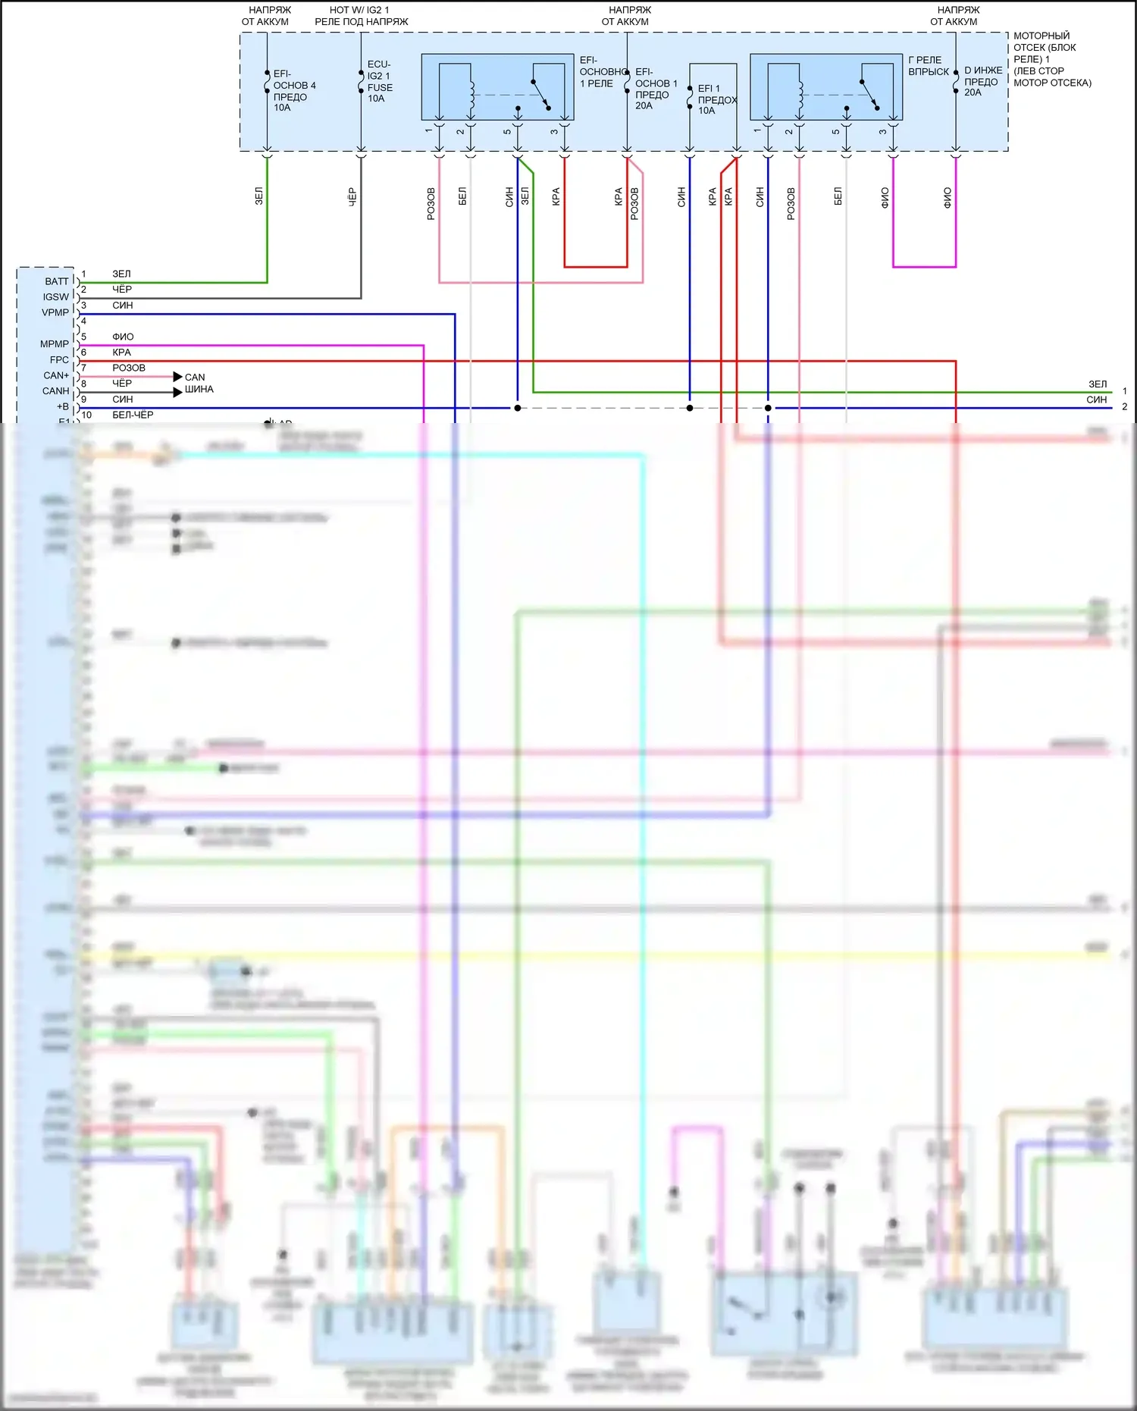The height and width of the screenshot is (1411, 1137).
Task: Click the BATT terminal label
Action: pyautogui.click(x=56, y=281)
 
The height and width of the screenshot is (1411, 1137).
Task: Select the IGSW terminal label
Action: pyautogui.click(x=55, y=297)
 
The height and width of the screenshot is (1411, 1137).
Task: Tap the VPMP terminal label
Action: pyautogui.click(x=55, y=312)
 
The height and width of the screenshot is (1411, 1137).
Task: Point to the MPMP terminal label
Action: pyautogui.click(x=54, y=344)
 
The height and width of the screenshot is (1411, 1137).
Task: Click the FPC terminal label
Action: pyautogui.click(x=58, y=360)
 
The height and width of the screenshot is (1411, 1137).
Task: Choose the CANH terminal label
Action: pyautogui.click(x=55, y=391)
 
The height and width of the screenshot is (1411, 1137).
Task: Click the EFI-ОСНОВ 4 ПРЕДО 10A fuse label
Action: pyautogui.click(x=293, y=91)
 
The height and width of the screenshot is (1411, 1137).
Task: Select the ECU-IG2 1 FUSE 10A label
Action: pyautogui.click(x=379, y=81)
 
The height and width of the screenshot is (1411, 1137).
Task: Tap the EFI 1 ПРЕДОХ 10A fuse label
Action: pyautogui.click(x=716, y=99)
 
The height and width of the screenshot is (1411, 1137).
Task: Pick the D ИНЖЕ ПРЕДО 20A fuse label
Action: pyautogui.click(x=982, y=81)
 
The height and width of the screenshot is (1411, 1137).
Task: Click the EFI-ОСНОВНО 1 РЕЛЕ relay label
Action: pyautogui.click(x=602, y=72)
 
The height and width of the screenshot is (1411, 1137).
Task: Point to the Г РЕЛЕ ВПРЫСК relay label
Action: pyautogui.click(x=928, y=66)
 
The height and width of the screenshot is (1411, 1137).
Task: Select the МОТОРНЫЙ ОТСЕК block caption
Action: pyautogui.click(x=1051, y=59)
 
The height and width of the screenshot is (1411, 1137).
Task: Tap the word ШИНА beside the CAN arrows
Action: pyautogui.click(x=199, y=389)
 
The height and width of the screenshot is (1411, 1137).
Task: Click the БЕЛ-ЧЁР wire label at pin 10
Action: pyautogui.click(x=133, y=415)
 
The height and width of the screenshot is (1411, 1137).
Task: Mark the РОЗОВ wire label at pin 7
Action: pyautogui.click(x=129, y=368)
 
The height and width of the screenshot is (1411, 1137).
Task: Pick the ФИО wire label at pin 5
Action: pyautogui.click(x=123, y=337)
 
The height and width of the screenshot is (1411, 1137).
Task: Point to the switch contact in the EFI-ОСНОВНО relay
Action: pyautogui.click(x=540, y=94)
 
